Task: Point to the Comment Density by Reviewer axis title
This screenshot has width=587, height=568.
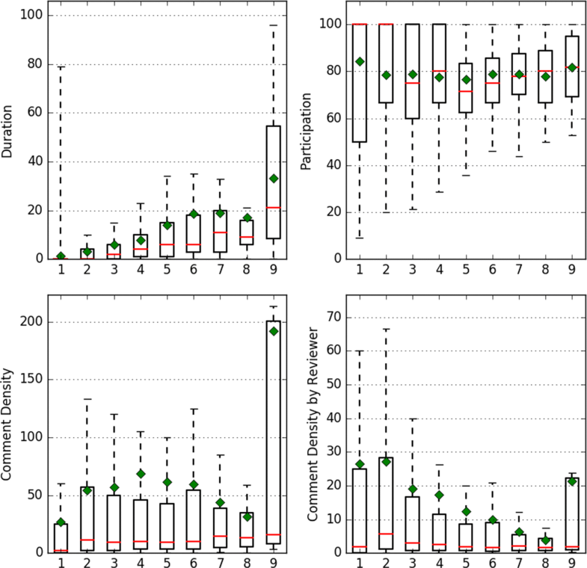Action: pos(306,424)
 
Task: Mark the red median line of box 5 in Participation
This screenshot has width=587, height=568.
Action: pos(467,91)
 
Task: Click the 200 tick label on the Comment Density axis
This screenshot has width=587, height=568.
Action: pos(30,322)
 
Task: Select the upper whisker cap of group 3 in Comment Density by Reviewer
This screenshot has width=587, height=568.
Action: pos(413,419)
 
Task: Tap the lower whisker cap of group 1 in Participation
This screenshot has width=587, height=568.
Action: pos(359,238)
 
